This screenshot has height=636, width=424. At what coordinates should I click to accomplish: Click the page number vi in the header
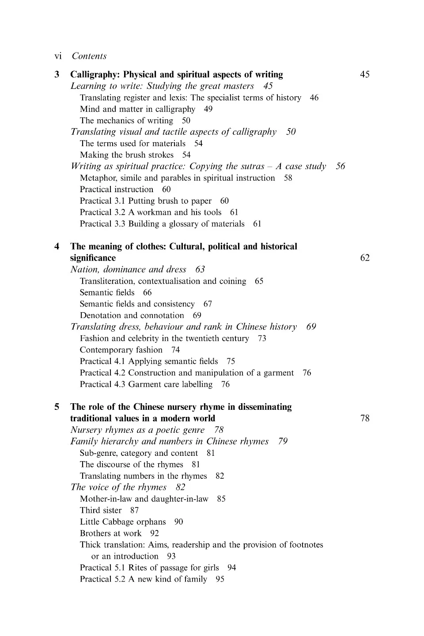coord(58,56)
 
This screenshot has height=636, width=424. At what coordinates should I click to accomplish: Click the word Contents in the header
coord(89,56)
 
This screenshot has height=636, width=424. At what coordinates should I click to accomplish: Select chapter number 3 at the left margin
coord(57,75)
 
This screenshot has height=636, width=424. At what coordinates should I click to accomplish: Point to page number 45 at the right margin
coord(365,75)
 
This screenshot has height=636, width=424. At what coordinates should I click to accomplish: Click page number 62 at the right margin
coord(365,258)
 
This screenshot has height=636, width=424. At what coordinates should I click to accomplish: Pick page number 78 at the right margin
coord(365,418)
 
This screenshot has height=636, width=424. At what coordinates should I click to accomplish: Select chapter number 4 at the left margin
coord(57,246)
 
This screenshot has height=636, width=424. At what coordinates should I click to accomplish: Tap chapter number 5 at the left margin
coord(57,407)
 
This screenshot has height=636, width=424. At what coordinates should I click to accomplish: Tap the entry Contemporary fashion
coord(121,350)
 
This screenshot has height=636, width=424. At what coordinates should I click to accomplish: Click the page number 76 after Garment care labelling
coord(225,384)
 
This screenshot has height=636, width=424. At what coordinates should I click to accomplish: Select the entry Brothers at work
coord(110,534)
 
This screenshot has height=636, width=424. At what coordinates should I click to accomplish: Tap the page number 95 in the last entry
coord(220,579)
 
